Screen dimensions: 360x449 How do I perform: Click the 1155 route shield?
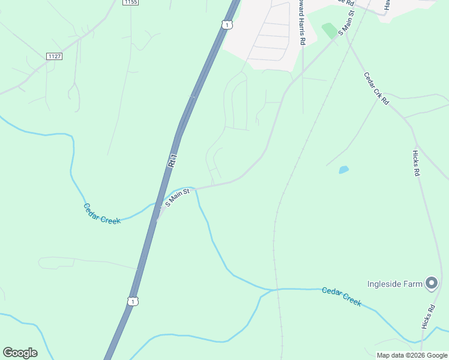131,3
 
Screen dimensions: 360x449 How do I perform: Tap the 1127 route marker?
54,56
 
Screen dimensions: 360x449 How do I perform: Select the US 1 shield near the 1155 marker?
226,24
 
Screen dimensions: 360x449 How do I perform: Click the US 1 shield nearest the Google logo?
132,301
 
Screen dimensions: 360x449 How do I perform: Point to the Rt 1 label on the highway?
173,160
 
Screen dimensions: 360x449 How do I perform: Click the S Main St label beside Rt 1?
177,197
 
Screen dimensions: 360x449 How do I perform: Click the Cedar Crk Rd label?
377,89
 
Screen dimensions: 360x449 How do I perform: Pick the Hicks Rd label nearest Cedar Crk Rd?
416,163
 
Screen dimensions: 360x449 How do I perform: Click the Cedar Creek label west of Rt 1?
101,214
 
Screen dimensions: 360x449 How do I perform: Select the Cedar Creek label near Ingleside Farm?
342,296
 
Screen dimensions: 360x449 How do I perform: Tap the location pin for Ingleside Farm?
432,283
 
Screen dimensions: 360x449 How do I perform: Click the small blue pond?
343,170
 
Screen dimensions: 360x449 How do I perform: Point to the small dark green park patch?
329,30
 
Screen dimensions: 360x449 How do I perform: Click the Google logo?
20,353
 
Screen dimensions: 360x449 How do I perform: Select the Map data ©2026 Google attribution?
412,355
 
